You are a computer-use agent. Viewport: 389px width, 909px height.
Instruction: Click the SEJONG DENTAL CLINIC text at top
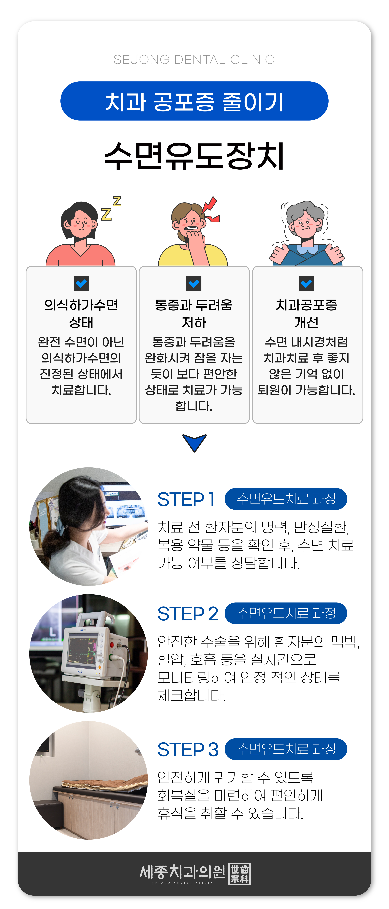tap(194, 60)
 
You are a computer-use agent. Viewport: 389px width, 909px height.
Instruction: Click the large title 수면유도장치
tap(194, 156)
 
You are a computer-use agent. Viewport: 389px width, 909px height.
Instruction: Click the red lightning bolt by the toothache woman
tap(211, 209)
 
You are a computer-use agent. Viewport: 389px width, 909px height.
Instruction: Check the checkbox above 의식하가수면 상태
tap(81, 284)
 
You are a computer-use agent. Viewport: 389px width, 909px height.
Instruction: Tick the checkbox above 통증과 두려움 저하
tap(194, 284)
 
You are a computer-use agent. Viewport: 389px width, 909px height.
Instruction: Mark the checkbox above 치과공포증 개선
tap(306, 284)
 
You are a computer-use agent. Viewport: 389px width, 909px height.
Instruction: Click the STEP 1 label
tap(186, 499)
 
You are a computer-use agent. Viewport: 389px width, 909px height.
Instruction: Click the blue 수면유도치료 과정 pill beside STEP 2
tap(286, 613)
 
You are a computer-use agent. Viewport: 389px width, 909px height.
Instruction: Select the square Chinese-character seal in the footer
tap(240, 874)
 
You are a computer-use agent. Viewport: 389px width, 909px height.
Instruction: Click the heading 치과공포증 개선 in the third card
tap(306, 313)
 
